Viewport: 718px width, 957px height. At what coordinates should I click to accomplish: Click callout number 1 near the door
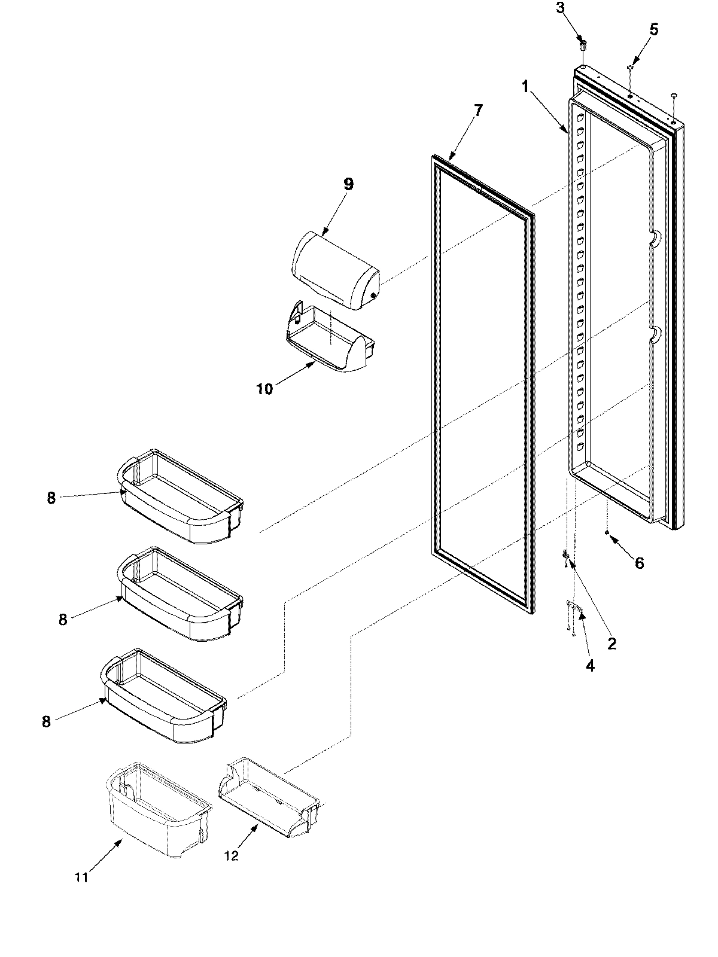tap(525, 87)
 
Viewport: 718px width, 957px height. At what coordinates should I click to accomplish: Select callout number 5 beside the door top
tap(654, 29)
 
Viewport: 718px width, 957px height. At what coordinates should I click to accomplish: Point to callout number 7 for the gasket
tap(477, 109)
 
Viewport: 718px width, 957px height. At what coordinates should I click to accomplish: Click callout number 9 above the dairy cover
tap(348, 184)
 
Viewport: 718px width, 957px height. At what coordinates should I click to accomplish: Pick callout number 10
tap(264, 389)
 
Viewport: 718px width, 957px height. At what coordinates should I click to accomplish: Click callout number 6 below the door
tap(639, 563)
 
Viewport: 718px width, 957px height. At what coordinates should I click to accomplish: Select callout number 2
tap(611, 644)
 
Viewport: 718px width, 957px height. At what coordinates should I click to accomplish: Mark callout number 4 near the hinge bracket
tap(590, 665)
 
